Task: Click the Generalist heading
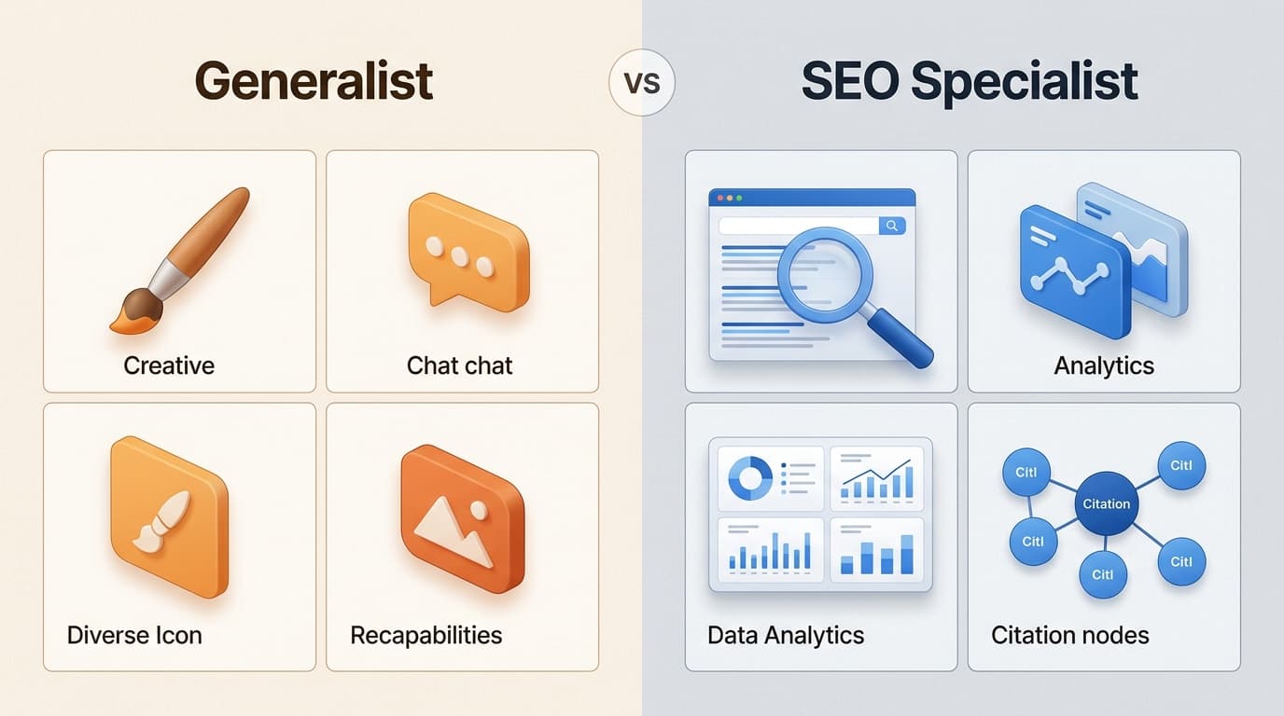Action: (314, 82)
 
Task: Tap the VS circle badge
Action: (641, 82)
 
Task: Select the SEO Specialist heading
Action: (970, 82)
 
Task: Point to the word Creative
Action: (169, 365)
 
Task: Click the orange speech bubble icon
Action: (468, 249)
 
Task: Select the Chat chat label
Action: (459, 365)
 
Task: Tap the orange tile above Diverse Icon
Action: (169, 515)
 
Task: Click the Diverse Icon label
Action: (134, 636)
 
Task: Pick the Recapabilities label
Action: (426, 636)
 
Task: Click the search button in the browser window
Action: (892, 226)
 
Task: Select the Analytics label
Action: (1104, 365)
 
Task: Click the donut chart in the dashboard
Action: (750, 477)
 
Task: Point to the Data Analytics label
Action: (786, 636)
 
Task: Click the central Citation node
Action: (1106, 503)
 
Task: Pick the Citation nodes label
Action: (1069, 636)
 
